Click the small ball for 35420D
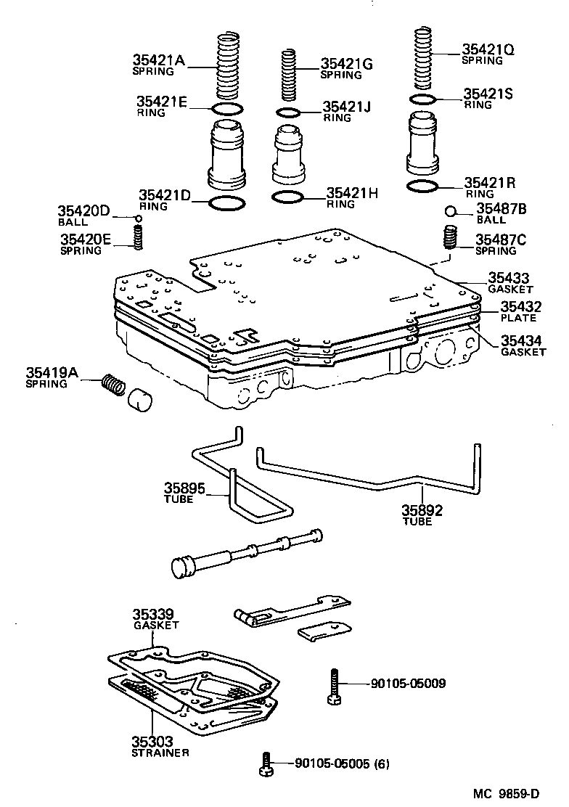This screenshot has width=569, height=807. (136, 218)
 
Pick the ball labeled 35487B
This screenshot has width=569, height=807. (450, 211)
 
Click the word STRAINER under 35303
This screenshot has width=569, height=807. (160, 753)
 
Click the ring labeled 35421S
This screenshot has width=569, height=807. (422, 99)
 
